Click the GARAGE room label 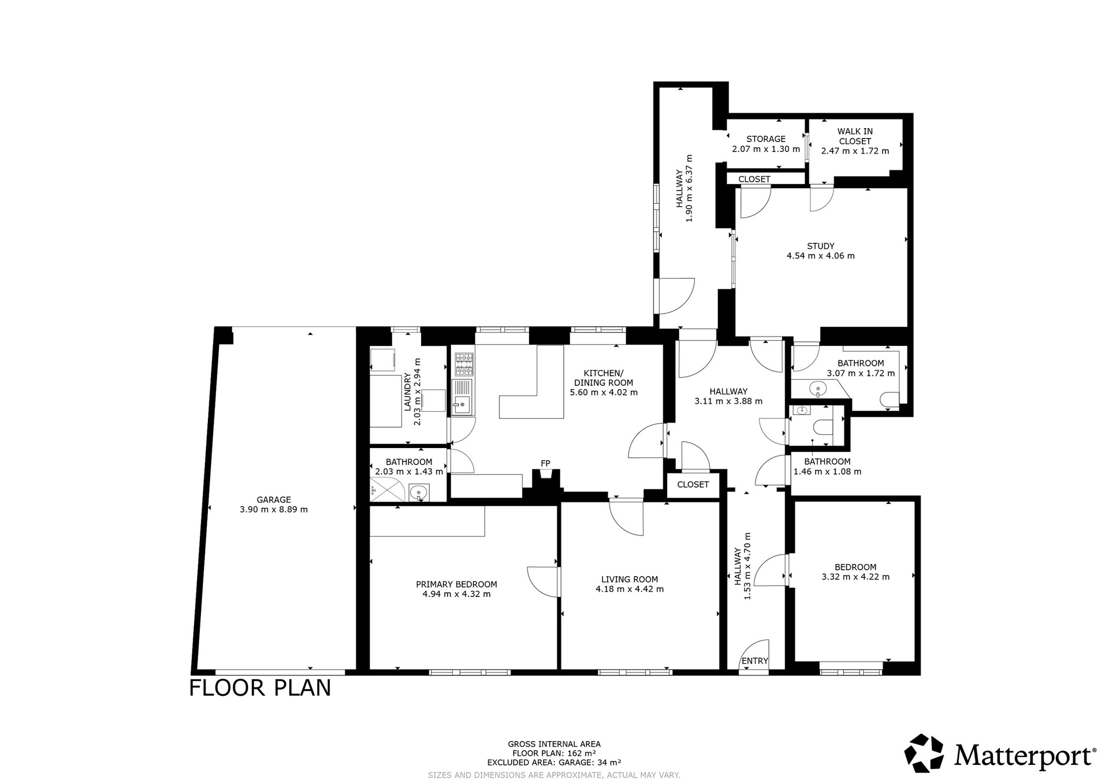tap(274, 499)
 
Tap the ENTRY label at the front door tap(755, 661)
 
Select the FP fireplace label tap(545, 463)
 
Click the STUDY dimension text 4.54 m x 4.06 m tap(821, 256)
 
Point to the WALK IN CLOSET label tap(855, 136)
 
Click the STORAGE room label tap(766, 139)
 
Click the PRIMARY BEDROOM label tap(456, 584)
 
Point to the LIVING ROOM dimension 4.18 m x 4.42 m tap(630, 589)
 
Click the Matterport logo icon tap(924, 753)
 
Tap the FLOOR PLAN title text tap(260, 688)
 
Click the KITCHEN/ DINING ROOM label tap(604, 378)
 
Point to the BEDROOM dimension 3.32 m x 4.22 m tap(855, 576)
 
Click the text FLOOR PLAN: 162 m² tap(554, 753)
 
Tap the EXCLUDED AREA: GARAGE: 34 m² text tap(554, 762)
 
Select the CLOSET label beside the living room tap(693, 484)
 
